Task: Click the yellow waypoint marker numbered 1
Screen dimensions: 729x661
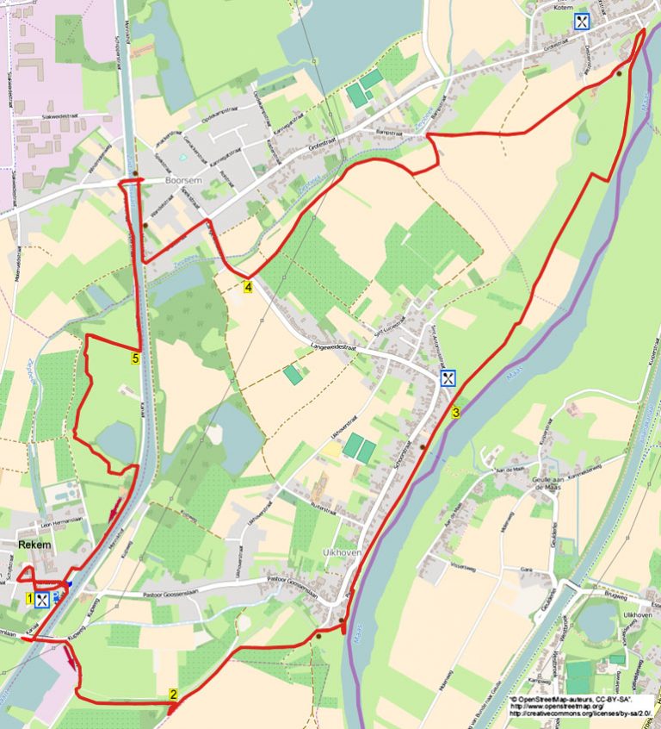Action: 30,597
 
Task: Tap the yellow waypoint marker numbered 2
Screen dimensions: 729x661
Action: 173,695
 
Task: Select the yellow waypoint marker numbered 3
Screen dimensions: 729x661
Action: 454,412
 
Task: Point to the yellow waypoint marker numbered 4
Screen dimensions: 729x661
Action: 248,287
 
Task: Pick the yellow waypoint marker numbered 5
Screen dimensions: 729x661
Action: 136,357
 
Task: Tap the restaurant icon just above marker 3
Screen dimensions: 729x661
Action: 448,377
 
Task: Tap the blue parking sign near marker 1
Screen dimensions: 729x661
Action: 56,595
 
